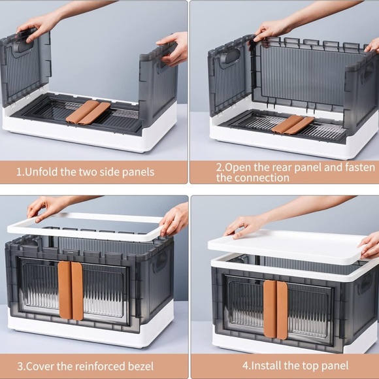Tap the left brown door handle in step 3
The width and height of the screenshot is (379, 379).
click(x=64, y=290)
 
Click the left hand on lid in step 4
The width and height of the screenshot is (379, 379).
click(x=244, y=225)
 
